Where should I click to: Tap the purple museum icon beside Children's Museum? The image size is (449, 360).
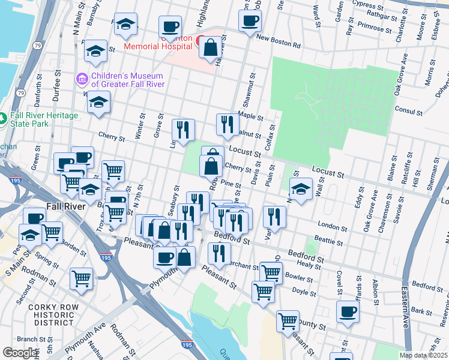click(x=82, y=79)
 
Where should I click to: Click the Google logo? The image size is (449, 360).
click(x=20, y=353)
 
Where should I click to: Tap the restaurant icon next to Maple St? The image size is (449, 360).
click(x=228, y=124)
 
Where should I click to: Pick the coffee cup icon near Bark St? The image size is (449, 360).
click(x=347, y=311)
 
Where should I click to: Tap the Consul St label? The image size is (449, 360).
click(x=411, y=111)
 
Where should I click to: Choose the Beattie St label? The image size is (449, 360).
click(x=331, y=242)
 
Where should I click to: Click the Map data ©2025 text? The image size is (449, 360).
click(x=424, y=355)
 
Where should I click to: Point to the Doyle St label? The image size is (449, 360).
click(x=304, y=293)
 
